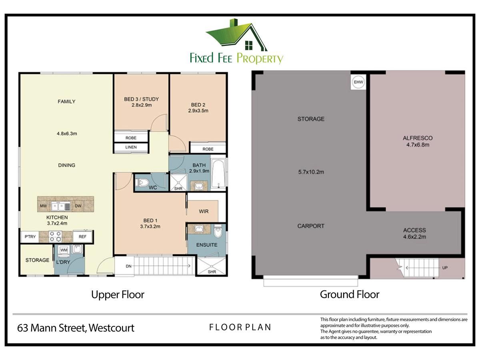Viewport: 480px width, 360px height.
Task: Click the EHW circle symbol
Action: coord(358,82)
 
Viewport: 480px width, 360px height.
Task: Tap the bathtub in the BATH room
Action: coord(218,174)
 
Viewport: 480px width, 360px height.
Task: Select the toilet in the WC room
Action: coord(142,182)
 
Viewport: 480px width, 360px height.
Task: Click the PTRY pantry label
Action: coord(30,236)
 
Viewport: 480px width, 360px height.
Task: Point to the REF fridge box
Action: coord(82,236)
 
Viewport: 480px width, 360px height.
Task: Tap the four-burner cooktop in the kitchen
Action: coord(55,236)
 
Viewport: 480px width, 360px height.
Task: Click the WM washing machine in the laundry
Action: coord(64,250)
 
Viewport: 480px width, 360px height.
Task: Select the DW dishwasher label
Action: coord(78,206)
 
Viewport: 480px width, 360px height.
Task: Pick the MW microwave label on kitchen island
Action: coord(43,206)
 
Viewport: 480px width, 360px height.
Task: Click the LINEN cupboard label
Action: coord(131,147)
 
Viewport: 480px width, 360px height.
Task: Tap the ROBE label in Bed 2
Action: coord(208,149)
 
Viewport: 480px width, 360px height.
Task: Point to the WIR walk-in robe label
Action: coord(204,211)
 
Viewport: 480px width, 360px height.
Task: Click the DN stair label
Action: coord(128,266)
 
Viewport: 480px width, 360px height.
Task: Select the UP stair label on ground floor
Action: coord(445,268)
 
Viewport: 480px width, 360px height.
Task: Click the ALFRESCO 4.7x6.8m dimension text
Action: coord(418,145)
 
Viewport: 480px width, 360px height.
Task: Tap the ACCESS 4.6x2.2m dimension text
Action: coord(415,237)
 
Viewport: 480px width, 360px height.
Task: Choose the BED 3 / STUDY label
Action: coord(141,99)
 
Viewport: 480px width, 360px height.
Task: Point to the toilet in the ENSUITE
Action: coord(218,231)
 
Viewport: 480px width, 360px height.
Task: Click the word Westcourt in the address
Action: coord(112,328)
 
